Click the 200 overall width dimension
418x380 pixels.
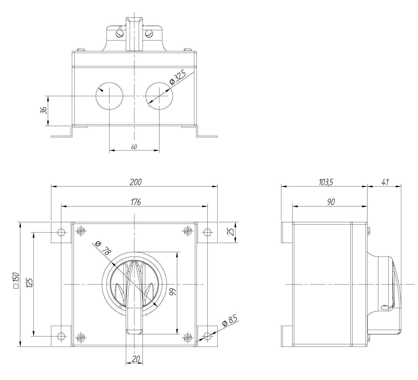pos(136,182)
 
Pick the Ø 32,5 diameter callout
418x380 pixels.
pos(178,79)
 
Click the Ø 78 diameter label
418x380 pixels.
pos(103,248)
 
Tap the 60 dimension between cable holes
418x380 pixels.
pos(134,147)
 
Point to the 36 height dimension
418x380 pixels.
pos(43,111)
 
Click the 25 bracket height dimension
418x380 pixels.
pos(231,232)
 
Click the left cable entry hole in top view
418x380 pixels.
pos(109,96)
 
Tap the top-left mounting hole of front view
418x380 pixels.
pos(61,232)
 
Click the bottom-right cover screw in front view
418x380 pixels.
pos(188,337)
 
